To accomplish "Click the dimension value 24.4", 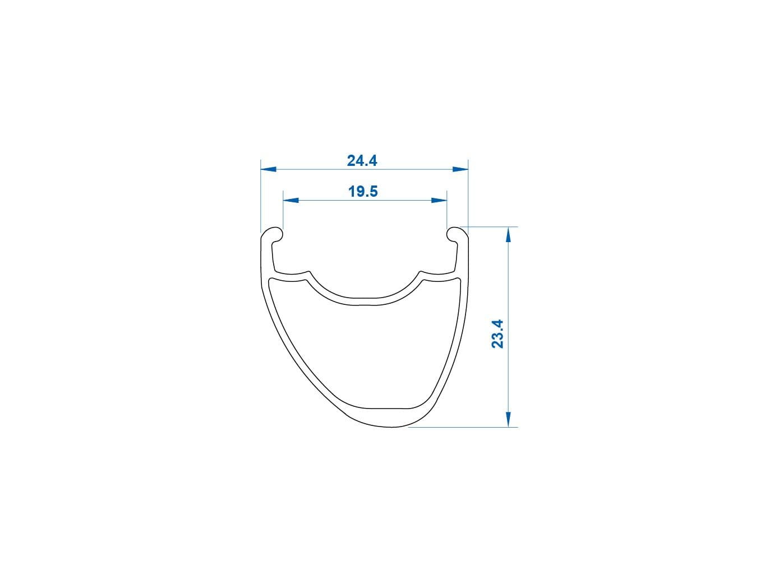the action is pos(362,161).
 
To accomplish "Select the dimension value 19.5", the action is pos(363,192).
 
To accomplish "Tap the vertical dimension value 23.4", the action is pos(497,334).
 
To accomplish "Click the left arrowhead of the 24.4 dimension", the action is pos(268,169).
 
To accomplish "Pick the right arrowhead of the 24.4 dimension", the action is pos(460,169).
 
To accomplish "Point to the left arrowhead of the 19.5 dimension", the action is pos(291,200).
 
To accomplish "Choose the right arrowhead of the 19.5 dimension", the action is pos(439,200).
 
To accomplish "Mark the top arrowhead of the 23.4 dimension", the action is pos(508,234).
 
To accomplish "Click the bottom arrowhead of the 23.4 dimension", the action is pos(508,419).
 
